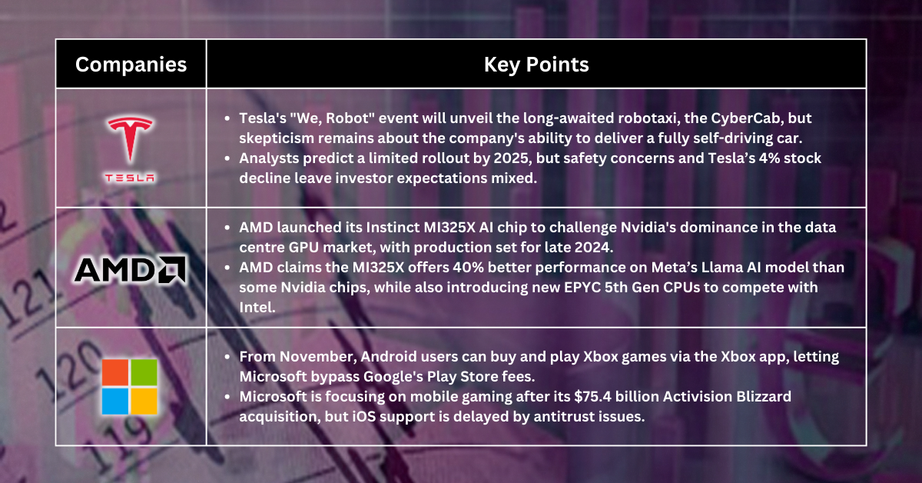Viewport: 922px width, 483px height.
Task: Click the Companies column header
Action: pyautogui.click(x=131, y=65)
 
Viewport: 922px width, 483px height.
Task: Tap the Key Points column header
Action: pyautogui.click(x=536, y=65)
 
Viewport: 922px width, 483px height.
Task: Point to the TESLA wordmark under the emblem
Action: pyautogui.click(x=130, y=178)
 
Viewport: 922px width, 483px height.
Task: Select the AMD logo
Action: pyautogui.click(x=130, y=270)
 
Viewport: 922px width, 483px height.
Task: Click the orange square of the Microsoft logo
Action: pyautogui.click(x=115, y=372)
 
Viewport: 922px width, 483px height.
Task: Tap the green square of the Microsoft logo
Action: pyautogui.click(x=144, y=372)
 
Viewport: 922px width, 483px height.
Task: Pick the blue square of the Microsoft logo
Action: pyautogui.click(x=115, y=401)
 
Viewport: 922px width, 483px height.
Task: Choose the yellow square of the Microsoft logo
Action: pyautogui.click(x=144, y=401)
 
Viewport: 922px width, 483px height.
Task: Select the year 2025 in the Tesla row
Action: pyautogui.click(x=511, y=158)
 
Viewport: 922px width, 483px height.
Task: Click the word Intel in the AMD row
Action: pyautogui.click(x=257, y=308)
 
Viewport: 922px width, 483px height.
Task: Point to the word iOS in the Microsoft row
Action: pyautogui.click(x=364, y=417)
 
